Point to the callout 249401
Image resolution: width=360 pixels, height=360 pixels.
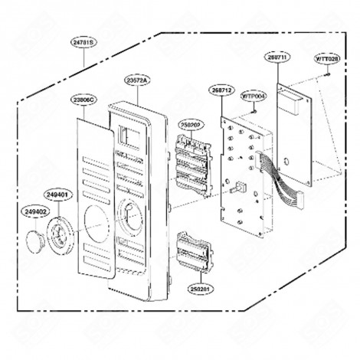57,195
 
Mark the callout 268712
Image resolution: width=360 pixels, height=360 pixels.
221,90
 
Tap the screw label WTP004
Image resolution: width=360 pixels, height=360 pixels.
254,96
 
